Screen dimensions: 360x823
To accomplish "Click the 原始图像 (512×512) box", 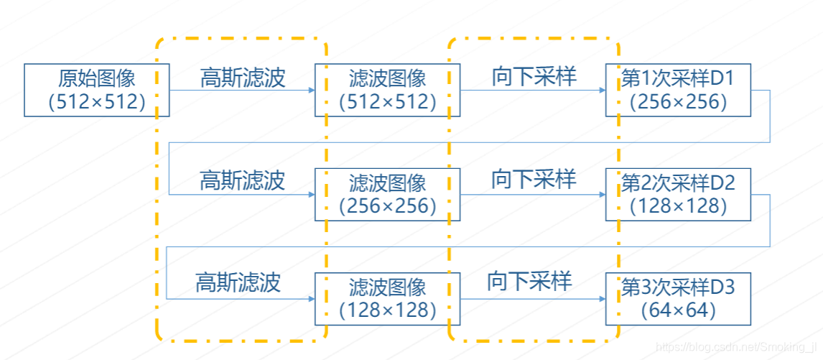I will pos(97,90).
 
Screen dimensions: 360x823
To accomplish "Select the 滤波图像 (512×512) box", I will pos(388,90).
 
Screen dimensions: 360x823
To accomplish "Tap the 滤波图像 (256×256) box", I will pos(388,195).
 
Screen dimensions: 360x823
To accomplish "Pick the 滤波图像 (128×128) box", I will pos(388,299).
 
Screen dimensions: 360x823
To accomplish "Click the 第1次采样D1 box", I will pos(678,90).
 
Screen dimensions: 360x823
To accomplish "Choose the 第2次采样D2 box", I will pos(678,195).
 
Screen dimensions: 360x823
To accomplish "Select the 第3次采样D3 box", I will pos(678,299).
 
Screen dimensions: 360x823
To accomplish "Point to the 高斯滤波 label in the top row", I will pos(243,78).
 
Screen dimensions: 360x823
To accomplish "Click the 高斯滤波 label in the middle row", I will pos(242,180).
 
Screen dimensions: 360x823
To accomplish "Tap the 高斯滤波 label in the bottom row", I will pos(238,282).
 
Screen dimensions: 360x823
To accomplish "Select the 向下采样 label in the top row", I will pos(534,77).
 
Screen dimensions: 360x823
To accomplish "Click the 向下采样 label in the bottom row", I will pos(529,282).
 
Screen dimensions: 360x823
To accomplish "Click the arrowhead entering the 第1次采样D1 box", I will pos(601,91).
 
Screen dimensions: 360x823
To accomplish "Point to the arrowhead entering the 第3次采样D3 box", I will pos(601,298).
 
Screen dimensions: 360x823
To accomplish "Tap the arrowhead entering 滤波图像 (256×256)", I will pos(311,195).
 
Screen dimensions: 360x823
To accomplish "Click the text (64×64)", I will pos(678,310).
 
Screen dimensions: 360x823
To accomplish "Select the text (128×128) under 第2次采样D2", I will pos(678,206).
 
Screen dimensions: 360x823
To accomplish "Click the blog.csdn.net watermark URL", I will pos(739,348).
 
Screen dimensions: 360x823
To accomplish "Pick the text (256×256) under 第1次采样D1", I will pos(678,102).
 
